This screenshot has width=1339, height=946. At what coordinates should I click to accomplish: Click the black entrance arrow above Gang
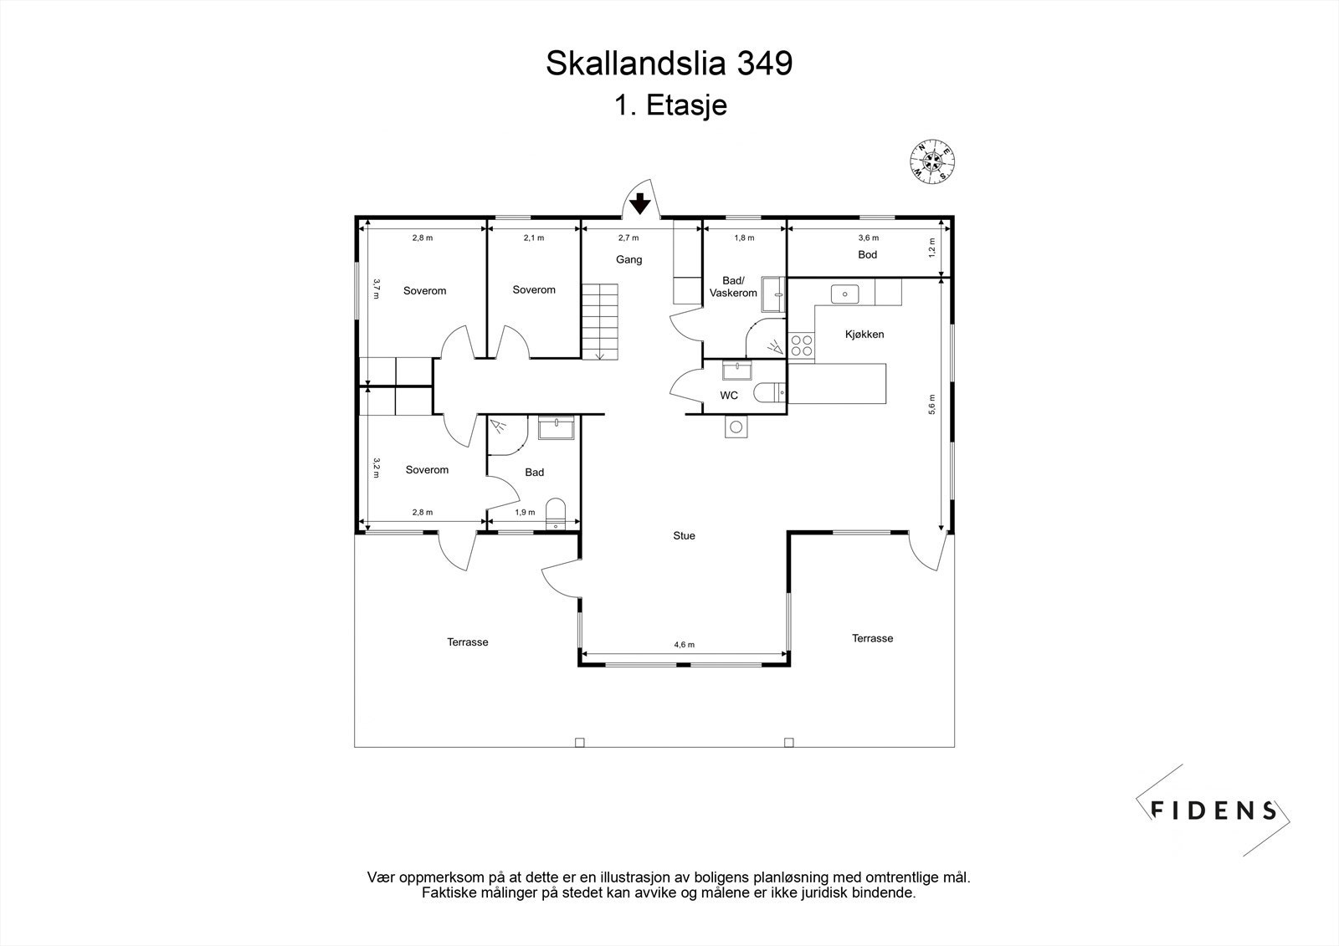click(x=639, y=203)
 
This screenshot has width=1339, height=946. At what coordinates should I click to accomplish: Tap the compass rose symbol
click(x=934, y=161)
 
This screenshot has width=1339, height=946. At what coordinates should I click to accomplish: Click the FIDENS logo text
click(x=1213, y=810)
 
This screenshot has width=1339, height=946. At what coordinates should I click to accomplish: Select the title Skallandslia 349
click(x=669, y=64)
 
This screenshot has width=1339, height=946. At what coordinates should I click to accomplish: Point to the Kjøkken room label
click(x=864, y=335)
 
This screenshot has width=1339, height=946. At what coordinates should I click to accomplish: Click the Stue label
click(x=684, y=536)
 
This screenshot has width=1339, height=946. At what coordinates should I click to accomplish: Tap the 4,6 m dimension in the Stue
click(x=685, y=645)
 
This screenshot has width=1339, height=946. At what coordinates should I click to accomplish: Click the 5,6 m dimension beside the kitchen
click(x=931, y=404)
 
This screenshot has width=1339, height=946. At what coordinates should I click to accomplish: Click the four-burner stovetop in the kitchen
click(x=801, y=345)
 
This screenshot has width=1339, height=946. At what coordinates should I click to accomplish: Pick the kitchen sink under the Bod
click(x=844, y=294)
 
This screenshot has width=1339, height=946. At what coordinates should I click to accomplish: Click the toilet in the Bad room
click(x=556, y=512)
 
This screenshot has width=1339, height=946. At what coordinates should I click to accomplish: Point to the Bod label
click(x=867, y=255)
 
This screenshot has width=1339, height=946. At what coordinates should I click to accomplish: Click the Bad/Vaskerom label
click(x=733, y=287)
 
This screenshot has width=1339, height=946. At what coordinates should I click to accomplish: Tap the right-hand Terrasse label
click(x=872, y=638)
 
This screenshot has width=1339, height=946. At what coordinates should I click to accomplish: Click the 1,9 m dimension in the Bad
click(x=525, y=513)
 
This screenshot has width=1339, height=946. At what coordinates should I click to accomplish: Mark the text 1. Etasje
click(x=669, y=106)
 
